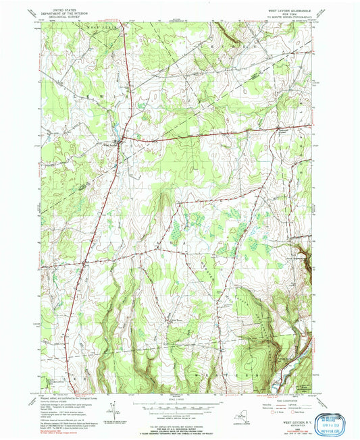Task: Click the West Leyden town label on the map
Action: pyautogui.click(x=110, y=142)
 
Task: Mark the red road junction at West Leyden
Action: pyautogui.click(x=121, y=139)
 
